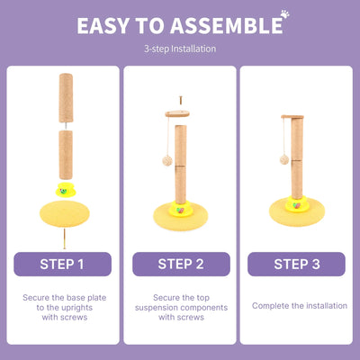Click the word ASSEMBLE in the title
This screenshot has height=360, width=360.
tap(228, 26)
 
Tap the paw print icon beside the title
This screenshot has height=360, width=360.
tap(284, 14)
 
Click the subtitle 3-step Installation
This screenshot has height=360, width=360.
tap(180, 49)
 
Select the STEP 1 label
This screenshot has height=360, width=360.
tap(62, 264)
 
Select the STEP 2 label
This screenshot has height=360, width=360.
tap(181, 264)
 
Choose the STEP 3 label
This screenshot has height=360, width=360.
tap(296, 264)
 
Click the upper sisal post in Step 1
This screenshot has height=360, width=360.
tap(66, 98)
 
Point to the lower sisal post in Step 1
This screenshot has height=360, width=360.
tap(66, 155)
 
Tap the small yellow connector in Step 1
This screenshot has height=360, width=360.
tap(66, 189)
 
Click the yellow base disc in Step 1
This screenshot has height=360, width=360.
tap(65, 213)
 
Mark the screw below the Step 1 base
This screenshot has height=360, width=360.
tap(64, 238)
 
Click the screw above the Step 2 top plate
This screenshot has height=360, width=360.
tap(181, 100)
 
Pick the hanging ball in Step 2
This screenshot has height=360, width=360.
tap(167, 161)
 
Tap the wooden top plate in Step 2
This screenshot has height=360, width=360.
tap(177, 113)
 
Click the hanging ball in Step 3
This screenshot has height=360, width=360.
tap(284, 159)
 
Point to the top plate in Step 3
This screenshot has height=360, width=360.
tap(292, 117)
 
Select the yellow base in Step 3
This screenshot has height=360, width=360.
tap(297, 211)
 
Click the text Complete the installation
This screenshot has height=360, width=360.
tap(300, 306)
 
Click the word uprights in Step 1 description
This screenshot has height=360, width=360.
tap(76, 308)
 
